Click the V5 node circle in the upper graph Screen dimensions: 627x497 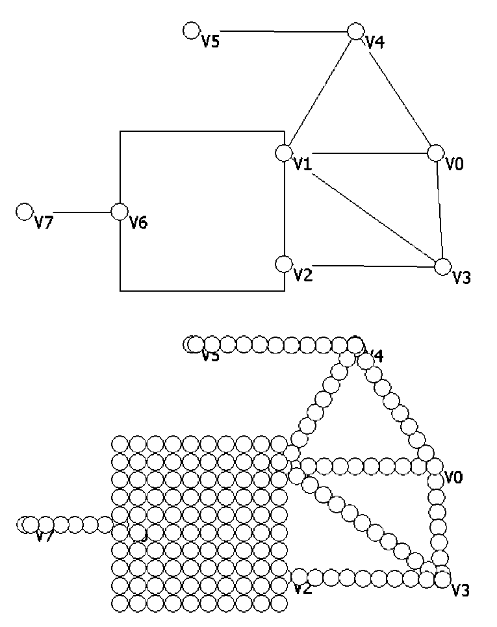pyautogui.click(x=191, y=30)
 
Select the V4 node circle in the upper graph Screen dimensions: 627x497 pyautogui.click(x=355, y=31)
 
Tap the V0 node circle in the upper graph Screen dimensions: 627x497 pyautogui.click(x=435, y=153)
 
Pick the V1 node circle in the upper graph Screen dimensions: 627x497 pyautogui.click(x=283, y=153)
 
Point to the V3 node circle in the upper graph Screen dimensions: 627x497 pyautogui.click(x=442, y=266)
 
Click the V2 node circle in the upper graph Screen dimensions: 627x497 pyautogui.click(x=283, y=264)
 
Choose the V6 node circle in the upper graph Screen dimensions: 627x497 pyautogui.click(x=120, y=211)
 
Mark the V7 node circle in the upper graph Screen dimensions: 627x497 pyautogui.click(x=25, y=211)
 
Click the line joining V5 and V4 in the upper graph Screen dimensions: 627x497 pyautogui.click(x=273, y=31)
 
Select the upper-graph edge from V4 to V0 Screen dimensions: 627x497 pyautogui.click(x=395, y=92)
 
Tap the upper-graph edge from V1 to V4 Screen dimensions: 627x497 pyautogui.click(x=319, y=92)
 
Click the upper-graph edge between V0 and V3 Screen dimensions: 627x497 pyautogui.click(x=439, y=210)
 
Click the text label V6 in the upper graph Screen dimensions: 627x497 pyautogui.click(x=138, y=223)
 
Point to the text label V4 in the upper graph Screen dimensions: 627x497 pyautogui.click(x=376, y=43)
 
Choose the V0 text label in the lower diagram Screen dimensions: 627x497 pyautogui.click(x=453, y=478)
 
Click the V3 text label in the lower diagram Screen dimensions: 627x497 pyautogui.click(x=461, y=591)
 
